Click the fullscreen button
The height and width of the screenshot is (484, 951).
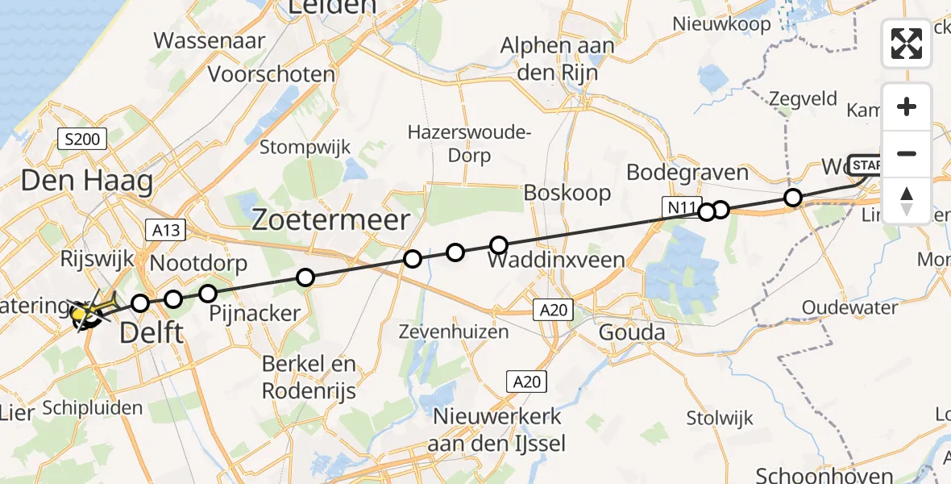[x=907, y=44]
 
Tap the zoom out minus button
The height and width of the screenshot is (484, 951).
[x=907, y=153]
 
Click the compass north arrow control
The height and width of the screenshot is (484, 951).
[x=907, y=200]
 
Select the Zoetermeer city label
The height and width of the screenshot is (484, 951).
[x=332, y=220]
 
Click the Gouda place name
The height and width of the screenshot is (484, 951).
[x=632, y=332]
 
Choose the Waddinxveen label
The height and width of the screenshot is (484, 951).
[x=556, y=260]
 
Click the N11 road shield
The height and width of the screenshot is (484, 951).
[x=679, y=208]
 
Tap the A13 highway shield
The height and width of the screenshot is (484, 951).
[x=165, y=230]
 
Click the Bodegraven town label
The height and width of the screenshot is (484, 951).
[x=687, y=173]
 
